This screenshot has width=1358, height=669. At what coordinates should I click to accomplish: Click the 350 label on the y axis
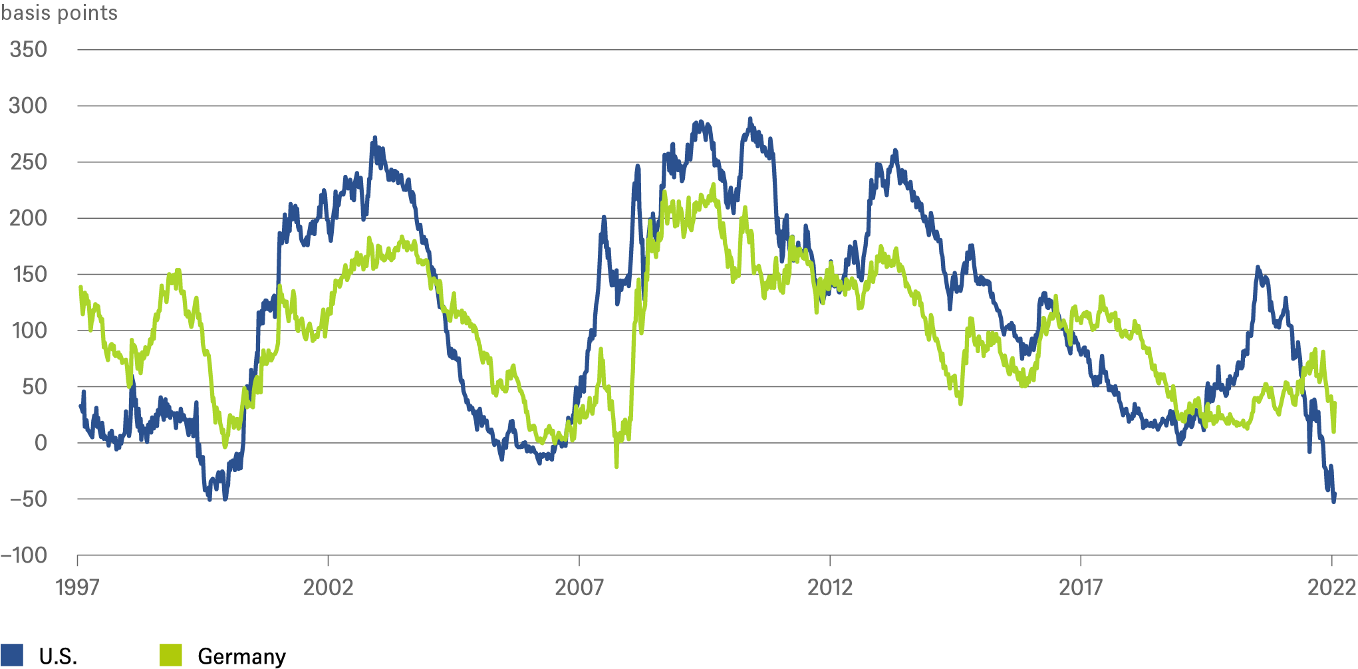pos(28,50)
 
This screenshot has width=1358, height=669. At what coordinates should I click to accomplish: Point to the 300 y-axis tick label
pos(28,106)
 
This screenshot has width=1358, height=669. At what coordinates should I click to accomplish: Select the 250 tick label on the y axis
pos(28,162)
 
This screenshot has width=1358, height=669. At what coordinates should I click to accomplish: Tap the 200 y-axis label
pos(28,218)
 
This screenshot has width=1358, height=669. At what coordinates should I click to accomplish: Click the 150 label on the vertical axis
pos(29,275)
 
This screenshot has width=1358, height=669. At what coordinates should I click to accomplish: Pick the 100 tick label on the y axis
pos(29,331)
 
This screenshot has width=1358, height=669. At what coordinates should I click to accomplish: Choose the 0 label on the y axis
pos(41,443)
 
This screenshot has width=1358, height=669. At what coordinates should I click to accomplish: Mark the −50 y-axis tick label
pos(27,499)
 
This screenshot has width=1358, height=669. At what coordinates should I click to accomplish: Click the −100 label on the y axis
pos(24,555)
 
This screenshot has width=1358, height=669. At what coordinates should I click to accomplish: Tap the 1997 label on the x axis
pos(78,587)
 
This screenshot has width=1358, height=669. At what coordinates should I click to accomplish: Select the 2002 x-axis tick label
pos(328,587)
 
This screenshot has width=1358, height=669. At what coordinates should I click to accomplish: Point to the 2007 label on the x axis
pos(579,587)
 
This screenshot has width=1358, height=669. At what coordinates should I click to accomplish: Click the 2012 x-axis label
pos(830,587)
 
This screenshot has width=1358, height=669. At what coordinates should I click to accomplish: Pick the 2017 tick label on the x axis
pos(1081,587)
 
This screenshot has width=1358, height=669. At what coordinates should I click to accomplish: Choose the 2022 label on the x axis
pos(1331,587)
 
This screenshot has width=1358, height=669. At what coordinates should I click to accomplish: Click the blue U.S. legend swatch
pos(12,655)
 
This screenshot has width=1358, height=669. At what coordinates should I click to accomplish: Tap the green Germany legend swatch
pos(171,655)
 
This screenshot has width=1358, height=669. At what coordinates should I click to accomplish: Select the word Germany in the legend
pos(241,656)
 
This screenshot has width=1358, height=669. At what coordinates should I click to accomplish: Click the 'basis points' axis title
pos(59,13)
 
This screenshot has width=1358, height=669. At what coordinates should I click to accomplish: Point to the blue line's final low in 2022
pos(1333,500)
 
